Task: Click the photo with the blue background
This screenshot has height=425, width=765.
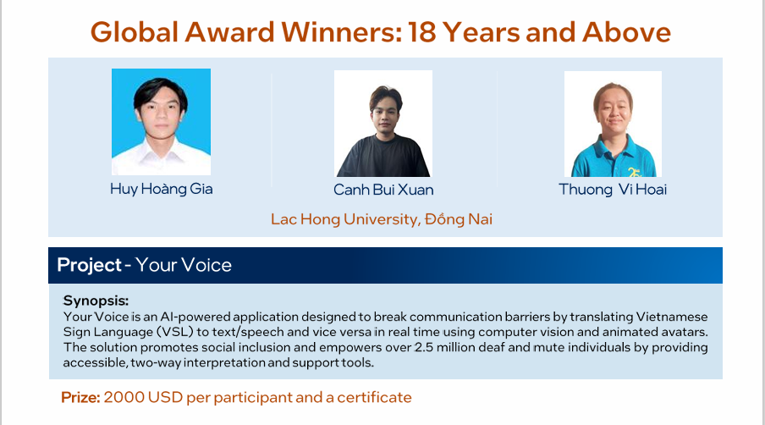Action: [161, 122]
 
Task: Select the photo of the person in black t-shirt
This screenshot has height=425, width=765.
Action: [383, 124]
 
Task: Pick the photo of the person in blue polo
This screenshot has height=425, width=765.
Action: [613, 124]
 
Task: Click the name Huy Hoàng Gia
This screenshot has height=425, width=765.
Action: [161, 189]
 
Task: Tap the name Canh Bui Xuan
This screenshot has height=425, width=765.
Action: [383, 190]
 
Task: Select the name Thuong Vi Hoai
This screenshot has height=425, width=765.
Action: [613, 190]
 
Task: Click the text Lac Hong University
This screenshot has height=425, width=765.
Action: [345, 219]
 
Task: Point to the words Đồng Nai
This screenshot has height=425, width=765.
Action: [459, 219]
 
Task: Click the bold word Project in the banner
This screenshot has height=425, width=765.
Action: [89, 265]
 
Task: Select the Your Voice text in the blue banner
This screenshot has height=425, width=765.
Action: [184, 265]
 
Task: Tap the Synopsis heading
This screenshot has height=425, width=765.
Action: [96, 301]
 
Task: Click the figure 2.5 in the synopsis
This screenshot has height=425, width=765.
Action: [424, 347]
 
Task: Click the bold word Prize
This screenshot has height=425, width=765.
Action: [80, 397]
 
